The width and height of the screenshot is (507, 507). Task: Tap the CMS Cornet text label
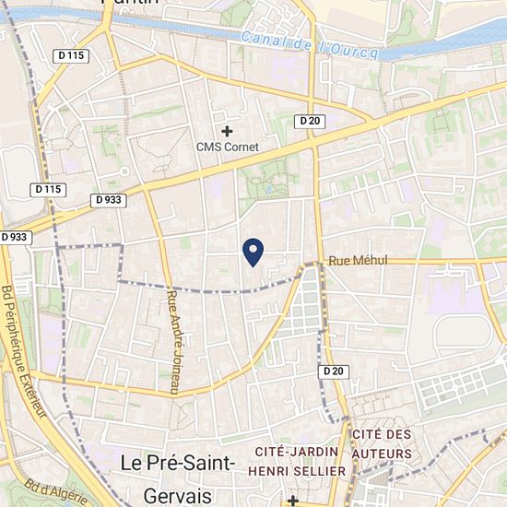click(228, 147)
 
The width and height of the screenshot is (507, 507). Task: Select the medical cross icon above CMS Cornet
click(228, 131)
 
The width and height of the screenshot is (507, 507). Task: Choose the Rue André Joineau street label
click(172, 343)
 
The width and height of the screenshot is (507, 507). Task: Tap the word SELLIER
click(323, 470)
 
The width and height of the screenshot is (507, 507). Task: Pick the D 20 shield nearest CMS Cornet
click(308, 121)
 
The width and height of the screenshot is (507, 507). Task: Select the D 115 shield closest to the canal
click(69, 56)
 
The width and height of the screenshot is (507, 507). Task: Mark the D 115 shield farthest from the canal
click(47, 189)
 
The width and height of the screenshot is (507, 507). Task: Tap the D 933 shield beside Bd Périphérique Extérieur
click(15, 237)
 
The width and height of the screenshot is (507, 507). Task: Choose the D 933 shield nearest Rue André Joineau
click(108, 199)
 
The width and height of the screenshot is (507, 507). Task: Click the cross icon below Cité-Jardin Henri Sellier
click(293, 501)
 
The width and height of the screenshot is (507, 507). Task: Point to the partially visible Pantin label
click(129, 3)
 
